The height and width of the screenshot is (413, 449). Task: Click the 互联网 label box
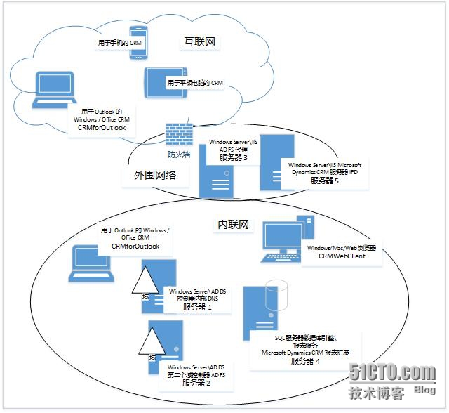pos(199,43)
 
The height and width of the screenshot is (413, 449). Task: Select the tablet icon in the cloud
pos(166,82)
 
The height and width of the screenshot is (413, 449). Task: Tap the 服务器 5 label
pos(324,181)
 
